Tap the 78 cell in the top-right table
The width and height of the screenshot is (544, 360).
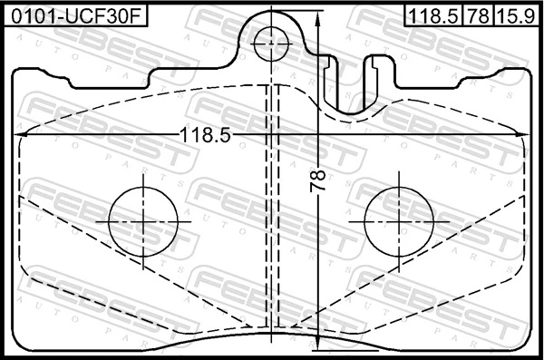[x=480, y=15]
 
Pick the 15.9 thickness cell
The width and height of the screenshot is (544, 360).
[x=516, y=15]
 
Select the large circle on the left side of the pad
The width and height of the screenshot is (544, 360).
[x=142, y=220]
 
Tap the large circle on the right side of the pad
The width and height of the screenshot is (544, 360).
[x=398, y=220]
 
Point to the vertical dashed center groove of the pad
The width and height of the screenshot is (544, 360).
[x=271, y=209]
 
